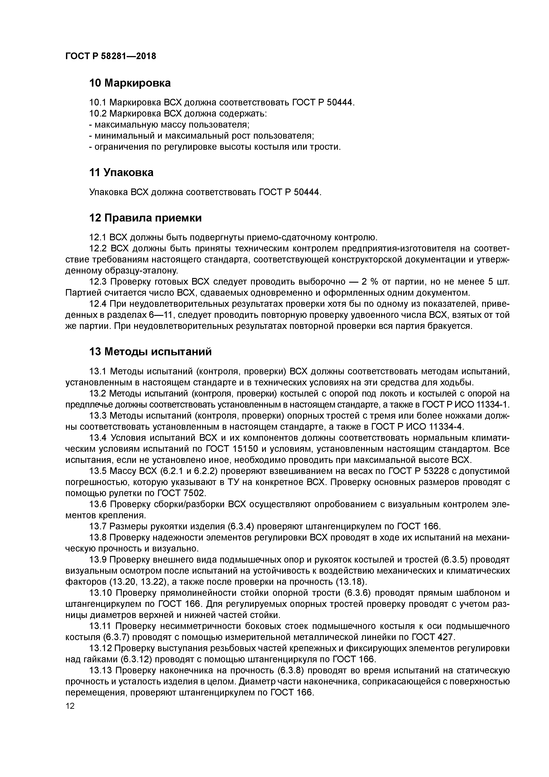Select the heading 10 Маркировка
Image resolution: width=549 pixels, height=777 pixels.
(130, 83)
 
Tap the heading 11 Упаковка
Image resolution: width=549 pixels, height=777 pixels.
(121, 172)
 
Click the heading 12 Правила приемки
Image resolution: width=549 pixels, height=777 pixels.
(145, 218)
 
